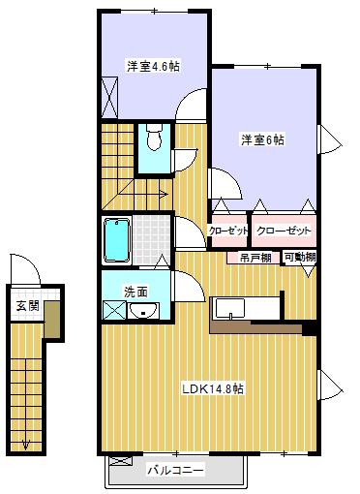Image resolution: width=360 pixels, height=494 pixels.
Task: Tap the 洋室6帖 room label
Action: (x=262, y=139)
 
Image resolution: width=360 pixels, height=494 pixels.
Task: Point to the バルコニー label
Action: (x=175, y=471)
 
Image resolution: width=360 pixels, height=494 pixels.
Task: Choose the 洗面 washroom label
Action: (x=135, y=291)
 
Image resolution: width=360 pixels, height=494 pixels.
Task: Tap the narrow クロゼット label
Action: (x=228, y=231)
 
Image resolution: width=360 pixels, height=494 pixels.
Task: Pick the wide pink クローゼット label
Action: (x=284, y=231)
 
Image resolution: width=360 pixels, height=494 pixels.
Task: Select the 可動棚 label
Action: (x=299, y=258)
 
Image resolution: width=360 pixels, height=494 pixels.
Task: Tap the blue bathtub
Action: (x=116, y=238)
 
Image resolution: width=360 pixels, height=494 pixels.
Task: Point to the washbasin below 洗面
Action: (x=144, y=310)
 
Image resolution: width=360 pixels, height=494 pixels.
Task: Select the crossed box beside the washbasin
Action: (x=113, y=311)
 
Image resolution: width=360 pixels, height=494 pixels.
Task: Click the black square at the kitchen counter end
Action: (x=309, y=328)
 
